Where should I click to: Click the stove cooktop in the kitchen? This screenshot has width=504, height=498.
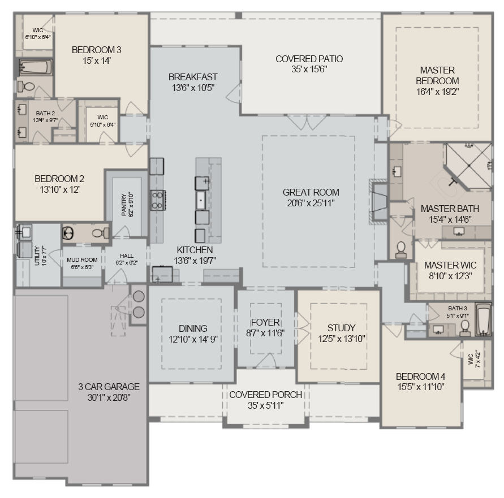tap(157, 200)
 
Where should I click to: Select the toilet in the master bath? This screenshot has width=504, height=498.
tap(401, 250)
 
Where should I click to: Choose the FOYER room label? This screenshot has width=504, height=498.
tap(265, 323)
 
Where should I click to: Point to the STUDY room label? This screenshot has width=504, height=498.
tap(341, 328)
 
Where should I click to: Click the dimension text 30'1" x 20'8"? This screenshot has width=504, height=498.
tap(108, 397)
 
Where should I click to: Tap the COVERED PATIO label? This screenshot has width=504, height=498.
tap(309, 59)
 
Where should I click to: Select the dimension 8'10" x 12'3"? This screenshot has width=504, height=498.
tap(450, 276)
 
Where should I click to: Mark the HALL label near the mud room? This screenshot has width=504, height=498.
tap(127, 256)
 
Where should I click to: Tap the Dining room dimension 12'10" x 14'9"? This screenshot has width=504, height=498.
tap(193, 339)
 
